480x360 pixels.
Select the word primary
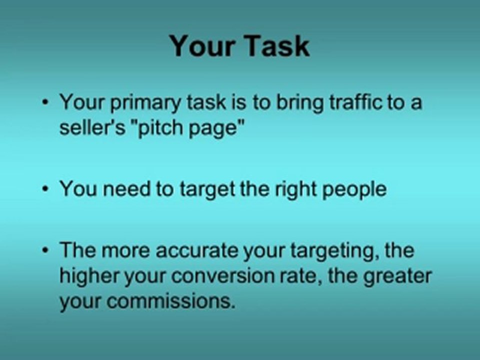click(137, 103)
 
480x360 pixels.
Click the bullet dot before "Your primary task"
click(46, 103)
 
